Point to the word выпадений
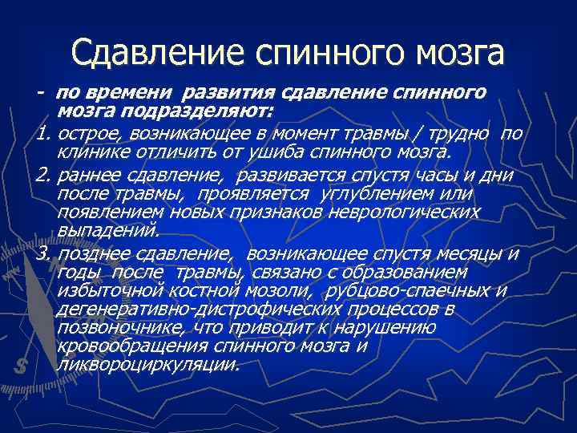[x=108, y=230]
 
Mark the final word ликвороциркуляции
[x=148, y=365]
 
